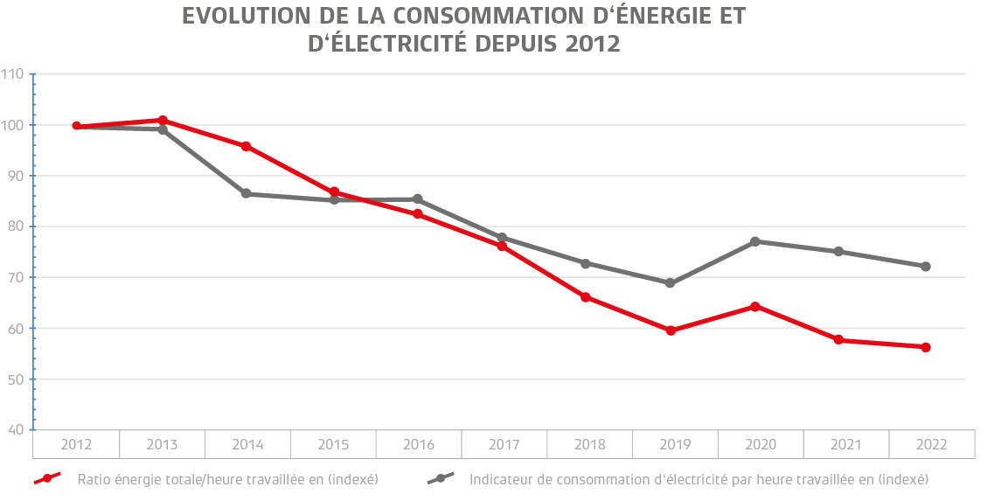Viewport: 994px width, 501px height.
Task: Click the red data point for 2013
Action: pos(163,120)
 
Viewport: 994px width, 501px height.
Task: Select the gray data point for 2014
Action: pos(246,193)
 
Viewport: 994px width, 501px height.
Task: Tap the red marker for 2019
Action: pos(671,331)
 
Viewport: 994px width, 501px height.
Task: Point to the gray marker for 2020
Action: pos(754,241)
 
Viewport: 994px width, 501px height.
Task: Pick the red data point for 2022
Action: pos(926,347)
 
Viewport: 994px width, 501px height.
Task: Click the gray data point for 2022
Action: pos(926,266)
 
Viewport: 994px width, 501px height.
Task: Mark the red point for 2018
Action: pos(586,297)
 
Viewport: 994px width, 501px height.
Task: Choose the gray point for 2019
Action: pos(671,283)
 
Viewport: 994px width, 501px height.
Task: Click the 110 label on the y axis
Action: pos(13,74)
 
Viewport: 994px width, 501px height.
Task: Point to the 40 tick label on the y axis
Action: pos(16,430)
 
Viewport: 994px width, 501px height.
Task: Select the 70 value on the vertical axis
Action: pos(16,277)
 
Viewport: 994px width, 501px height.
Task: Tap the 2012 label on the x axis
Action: pos(77,445)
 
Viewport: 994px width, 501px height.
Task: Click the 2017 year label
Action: pos(504,445)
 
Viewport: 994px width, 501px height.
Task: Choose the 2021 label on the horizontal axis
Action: pos(845,445)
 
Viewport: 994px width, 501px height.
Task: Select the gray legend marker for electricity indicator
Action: pos(441,479)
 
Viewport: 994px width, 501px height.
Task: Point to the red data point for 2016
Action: pos(417,213)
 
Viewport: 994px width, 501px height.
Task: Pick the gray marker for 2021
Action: pos(838,252)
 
